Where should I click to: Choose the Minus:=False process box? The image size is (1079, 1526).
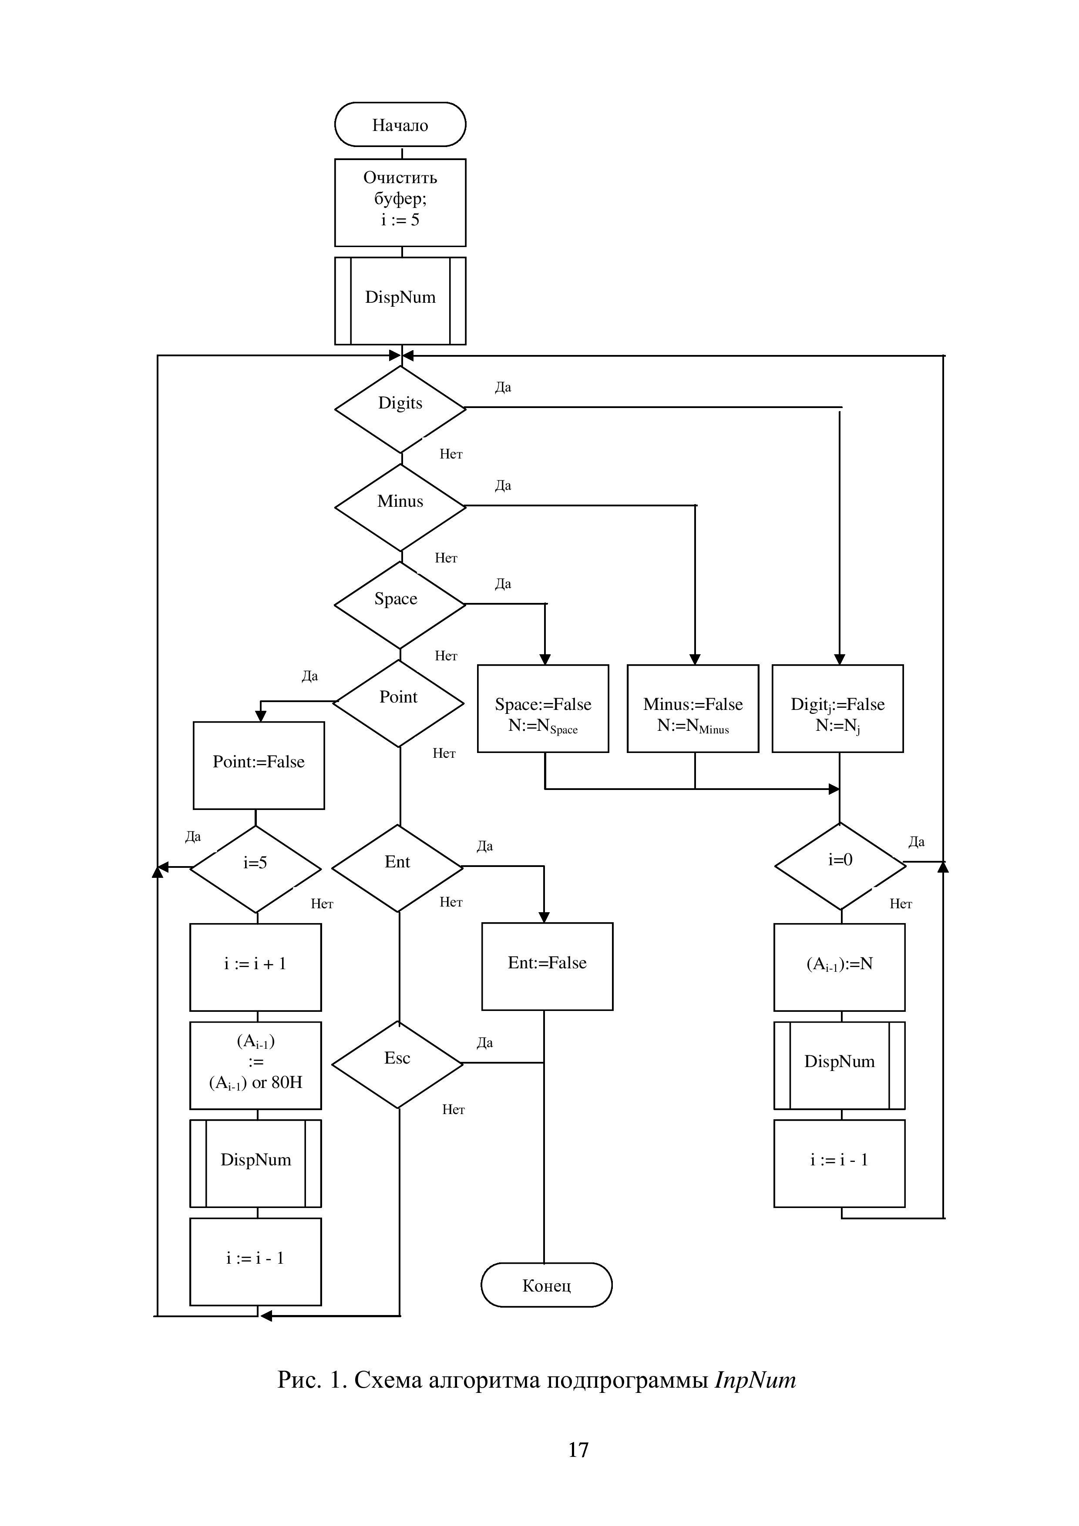[x=693, y=709]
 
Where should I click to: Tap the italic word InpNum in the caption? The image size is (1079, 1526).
[x=755, y=1380]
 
